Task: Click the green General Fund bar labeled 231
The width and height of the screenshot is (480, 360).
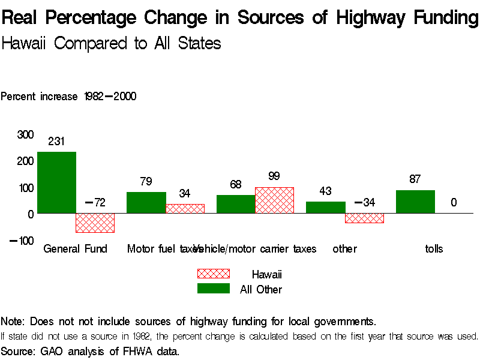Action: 56,182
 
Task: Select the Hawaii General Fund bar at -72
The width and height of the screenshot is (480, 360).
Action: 95,223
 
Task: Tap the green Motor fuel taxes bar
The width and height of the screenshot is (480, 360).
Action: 146,202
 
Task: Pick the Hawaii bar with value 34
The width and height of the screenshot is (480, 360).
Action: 185,208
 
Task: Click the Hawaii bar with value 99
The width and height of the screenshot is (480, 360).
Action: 275,200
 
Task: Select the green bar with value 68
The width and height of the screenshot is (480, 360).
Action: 236,204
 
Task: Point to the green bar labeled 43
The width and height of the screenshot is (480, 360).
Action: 325,207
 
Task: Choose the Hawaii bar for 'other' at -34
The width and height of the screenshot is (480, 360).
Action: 364,218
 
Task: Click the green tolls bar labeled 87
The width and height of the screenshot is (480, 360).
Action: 415,202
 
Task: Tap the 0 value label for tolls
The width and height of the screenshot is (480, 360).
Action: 454,203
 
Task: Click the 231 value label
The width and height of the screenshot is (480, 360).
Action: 56,142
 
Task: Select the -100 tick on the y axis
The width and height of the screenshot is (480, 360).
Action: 22,241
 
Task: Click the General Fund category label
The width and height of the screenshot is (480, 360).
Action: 75,248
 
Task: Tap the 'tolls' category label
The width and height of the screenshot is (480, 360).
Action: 434,248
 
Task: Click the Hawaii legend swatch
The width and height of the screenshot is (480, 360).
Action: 214,274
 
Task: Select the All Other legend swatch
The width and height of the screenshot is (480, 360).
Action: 214,289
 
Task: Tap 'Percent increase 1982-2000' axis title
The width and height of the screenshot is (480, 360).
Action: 68,96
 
